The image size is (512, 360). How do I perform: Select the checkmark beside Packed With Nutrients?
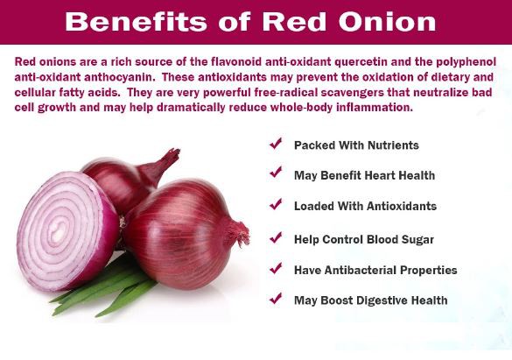tap(276, 144)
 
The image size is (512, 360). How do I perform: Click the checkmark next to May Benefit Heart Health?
tap(276, 174)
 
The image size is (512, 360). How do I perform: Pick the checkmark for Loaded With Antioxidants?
tap(276, 205)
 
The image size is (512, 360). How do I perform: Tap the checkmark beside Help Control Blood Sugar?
tap(276, 236)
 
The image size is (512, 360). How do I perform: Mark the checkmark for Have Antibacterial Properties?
tap(276, 268)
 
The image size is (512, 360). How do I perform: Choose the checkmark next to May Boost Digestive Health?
tap(276, 299)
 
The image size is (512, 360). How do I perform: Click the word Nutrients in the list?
tap(388, 145)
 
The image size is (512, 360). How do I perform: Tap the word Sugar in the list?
tap(415, 238)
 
